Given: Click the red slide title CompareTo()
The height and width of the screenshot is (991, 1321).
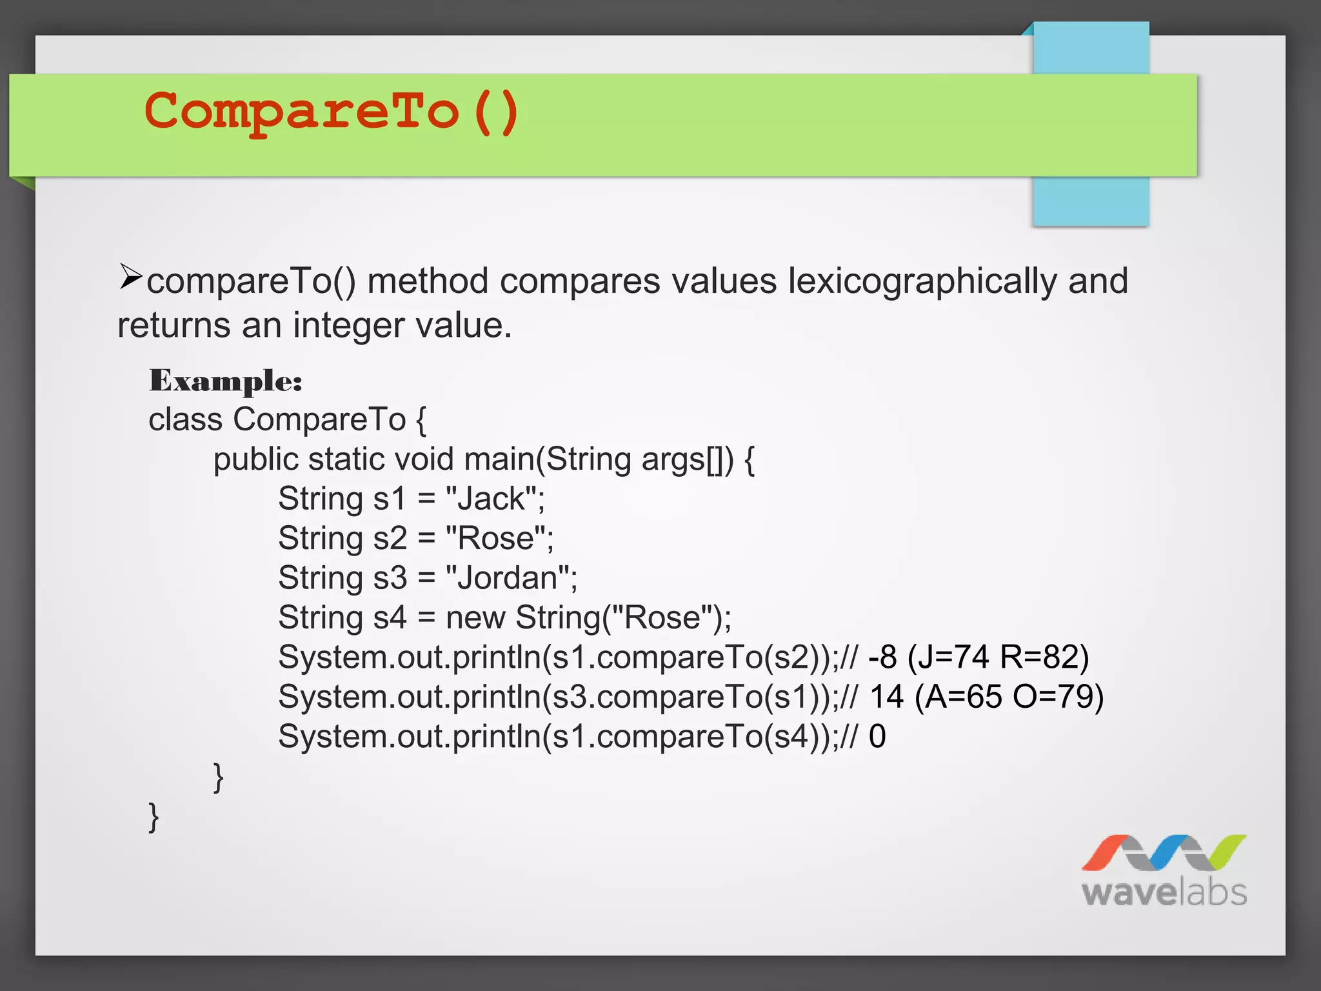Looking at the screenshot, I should tap(332, 112).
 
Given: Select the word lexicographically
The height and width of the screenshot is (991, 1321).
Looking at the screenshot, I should tap(922, 281).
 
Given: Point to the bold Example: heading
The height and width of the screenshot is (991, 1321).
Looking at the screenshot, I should tap(226, 381).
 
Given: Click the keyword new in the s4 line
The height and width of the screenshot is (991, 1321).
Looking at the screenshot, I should tap(475, 618).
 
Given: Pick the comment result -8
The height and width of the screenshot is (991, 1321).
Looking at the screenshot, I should tap(882, 657).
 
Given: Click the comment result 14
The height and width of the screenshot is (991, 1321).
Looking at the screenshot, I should tap(886, 697).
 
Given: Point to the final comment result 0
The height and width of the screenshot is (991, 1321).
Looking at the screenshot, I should tap(877, 737).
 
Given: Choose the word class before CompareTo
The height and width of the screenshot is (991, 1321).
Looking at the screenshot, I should tap(186, 420).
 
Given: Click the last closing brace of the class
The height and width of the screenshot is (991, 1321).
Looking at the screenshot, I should tap(154, 817).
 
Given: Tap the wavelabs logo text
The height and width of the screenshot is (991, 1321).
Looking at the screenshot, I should tap(1164, 893).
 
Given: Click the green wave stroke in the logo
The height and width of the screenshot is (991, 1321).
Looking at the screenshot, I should tap(1226, 852).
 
